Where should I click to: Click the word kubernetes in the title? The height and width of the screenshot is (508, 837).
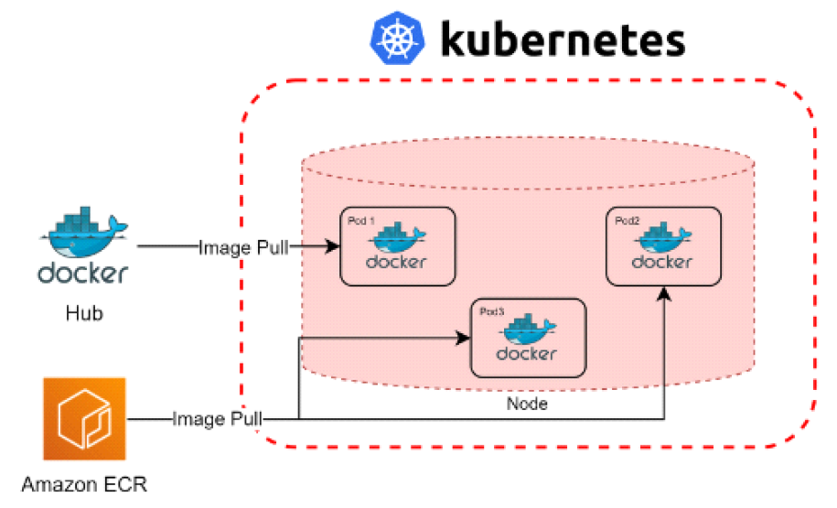563,39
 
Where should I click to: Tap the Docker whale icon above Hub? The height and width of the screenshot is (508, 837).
83,232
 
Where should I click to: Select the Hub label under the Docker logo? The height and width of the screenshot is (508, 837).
84,314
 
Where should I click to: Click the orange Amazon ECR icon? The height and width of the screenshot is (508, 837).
84,419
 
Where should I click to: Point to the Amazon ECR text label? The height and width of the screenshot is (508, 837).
84,484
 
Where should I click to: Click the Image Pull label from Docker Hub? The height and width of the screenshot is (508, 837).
243,246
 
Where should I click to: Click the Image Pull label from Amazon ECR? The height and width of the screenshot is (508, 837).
217,419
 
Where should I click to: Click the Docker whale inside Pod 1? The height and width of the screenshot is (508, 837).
397,239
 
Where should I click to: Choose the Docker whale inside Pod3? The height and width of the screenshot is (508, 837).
528,330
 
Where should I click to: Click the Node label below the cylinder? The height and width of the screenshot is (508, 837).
527,404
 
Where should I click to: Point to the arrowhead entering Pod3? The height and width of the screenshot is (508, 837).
463,338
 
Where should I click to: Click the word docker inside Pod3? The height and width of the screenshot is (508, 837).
527,353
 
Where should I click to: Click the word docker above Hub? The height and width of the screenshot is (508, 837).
83,274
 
